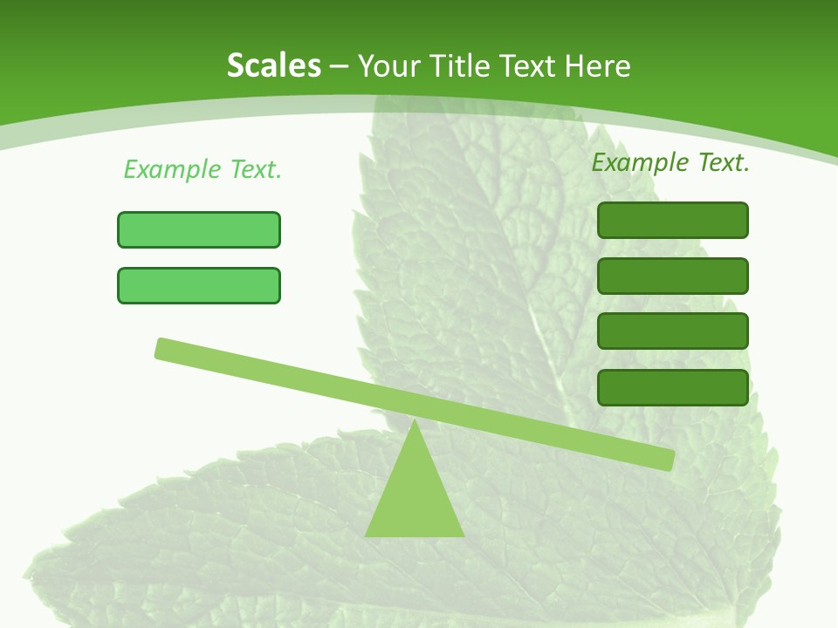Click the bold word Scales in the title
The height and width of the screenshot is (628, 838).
(x=273, y=65)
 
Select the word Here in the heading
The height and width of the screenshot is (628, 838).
(x=598, y=65)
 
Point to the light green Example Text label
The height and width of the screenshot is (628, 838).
(x=203, y=169)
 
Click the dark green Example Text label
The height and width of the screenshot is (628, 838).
(x=670, y=162)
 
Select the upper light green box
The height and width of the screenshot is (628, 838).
(x=199, y=229)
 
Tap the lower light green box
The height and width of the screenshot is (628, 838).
(x=199, y=285)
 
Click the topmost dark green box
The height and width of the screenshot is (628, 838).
(x=673, y=220)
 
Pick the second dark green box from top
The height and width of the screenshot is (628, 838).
(x=673, y=276)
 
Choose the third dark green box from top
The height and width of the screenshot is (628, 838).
(x=673, y=331)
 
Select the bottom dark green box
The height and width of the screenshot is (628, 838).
(x=673, y=387)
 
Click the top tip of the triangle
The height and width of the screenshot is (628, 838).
(x=415, y=421)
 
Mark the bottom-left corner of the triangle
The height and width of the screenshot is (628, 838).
(x=367, y=535)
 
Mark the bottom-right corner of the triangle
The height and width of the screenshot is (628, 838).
(x=463, y=535)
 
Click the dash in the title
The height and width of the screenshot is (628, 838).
(x=340, y=66)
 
